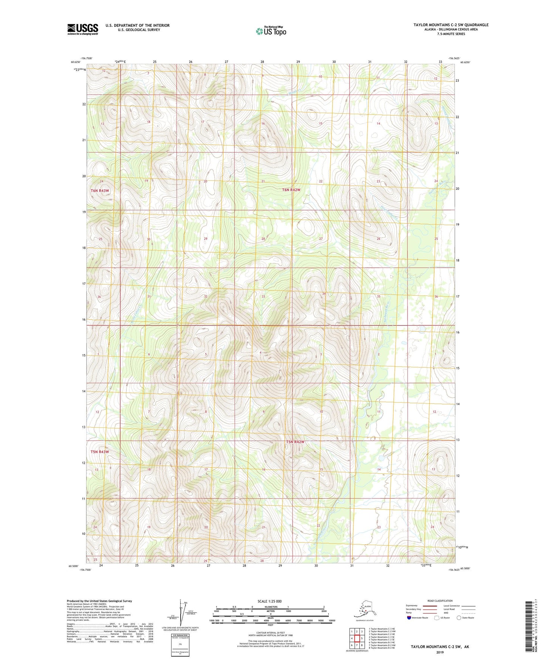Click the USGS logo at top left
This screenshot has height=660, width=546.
click(x=82, y=29)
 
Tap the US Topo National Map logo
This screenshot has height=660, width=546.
click(x=271, y=31)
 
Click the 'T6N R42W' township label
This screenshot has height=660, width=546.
click(x=291, y=190)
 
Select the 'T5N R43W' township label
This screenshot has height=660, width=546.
click(x=99, y=452)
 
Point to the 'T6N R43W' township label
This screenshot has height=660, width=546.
click(x=100, y=191)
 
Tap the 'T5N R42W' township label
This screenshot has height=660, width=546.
click(x=295, y=442)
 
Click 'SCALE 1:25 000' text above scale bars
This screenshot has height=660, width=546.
click(x=269, y=601)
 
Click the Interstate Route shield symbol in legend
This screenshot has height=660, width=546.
click(x=409, y=617)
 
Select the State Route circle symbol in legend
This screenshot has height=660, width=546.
click(x=459, y=617)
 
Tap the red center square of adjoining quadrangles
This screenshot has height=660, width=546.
click(x=357, y=638)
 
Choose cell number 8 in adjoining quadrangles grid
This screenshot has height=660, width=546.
click(x=362, y=645)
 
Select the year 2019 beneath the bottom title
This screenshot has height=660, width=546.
click(x=440, y=652)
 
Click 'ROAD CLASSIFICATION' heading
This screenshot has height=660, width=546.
click(x=440, y=601)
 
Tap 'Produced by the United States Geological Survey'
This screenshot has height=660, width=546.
click(x=99, y=601)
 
